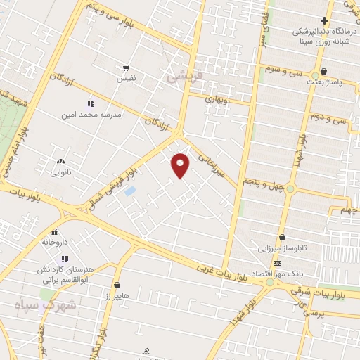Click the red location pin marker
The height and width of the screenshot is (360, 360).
[181, 165]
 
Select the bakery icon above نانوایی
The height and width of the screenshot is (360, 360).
[60, 161]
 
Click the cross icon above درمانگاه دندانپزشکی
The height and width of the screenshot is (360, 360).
[324, 20]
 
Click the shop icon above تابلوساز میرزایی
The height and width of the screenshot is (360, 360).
[282, 238]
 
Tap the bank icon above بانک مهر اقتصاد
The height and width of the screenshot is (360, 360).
[277, 263]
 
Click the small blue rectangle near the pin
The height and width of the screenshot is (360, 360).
[130, 191]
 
